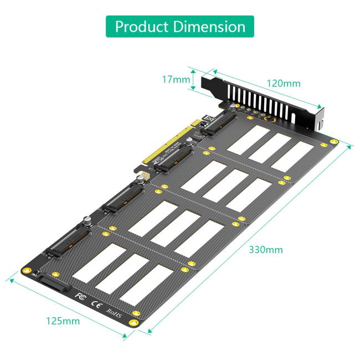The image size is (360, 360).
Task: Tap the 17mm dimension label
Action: (x=175, y=80)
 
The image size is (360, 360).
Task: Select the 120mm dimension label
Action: (x=284, y=84)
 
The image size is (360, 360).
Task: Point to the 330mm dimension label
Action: (x=266, y=250)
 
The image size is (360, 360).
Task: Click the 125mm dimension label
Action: (x=63, y=321)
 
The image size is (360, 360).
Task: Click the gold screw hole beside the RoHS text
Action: (x=133, y=322)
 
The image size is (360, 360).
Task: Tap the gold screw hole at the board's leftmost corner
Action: (x=25, y=270)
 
